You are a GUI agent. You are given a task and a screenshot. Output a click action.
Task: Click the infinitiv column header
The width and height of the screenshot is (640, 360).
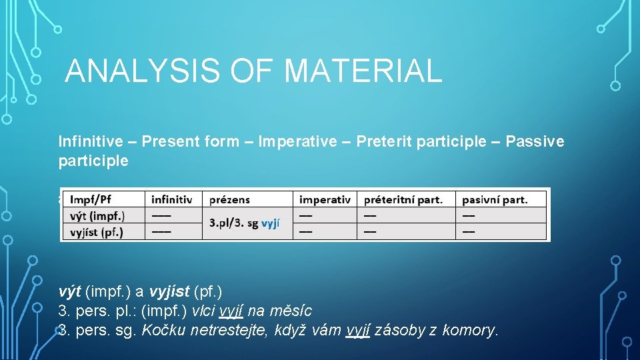(171, 199)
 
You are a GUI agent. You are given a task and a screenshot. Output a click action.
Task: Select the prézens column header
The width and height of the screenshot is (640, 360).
(229, 199)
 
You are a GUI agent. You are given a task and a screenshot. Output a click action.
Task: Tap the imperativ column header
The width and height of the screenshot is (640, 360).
(325, 199)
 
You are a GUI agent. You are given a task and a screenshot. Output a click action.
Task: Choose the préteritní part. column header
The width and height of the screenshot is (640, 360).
(403, 199)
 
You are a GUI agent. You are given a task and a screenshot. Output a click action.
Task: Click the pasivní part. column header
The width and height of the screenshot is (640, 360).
(495, 199)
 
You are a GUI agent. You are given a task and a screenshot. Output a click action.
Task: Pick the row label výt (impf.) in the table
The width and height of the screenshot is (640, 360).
(97, 215)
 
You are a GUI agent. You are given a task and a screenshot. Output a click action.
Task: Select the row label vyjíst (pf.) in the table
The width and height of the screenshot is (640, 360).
(97, 231)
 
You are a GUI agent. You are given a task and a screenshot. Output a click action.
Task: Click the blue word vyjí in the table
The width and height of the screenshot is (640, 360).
(270, 223)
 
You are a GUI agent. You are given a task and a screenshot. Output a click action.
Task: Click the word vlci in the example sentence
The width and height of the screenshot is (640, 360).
(204, 311)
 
